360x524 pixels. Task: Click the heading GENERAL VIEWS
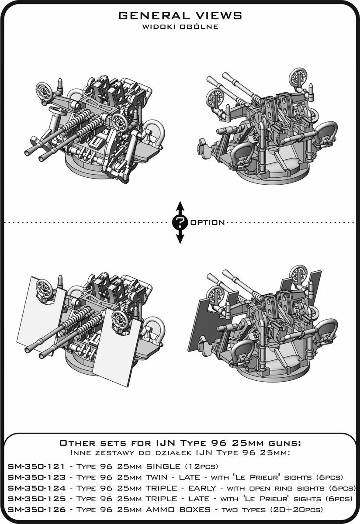pos(180,16)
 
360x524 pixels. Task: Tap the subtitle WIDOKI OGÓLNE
pos(180,27)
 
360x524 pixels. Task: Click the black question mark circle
pos(180,222)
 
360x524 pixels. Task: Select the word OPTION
pos(208,222)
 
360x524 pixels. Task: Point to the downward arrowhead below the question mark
pos(180,238)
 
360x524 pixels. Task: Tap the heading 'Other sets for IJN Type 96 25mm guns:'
pos(180,443)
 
